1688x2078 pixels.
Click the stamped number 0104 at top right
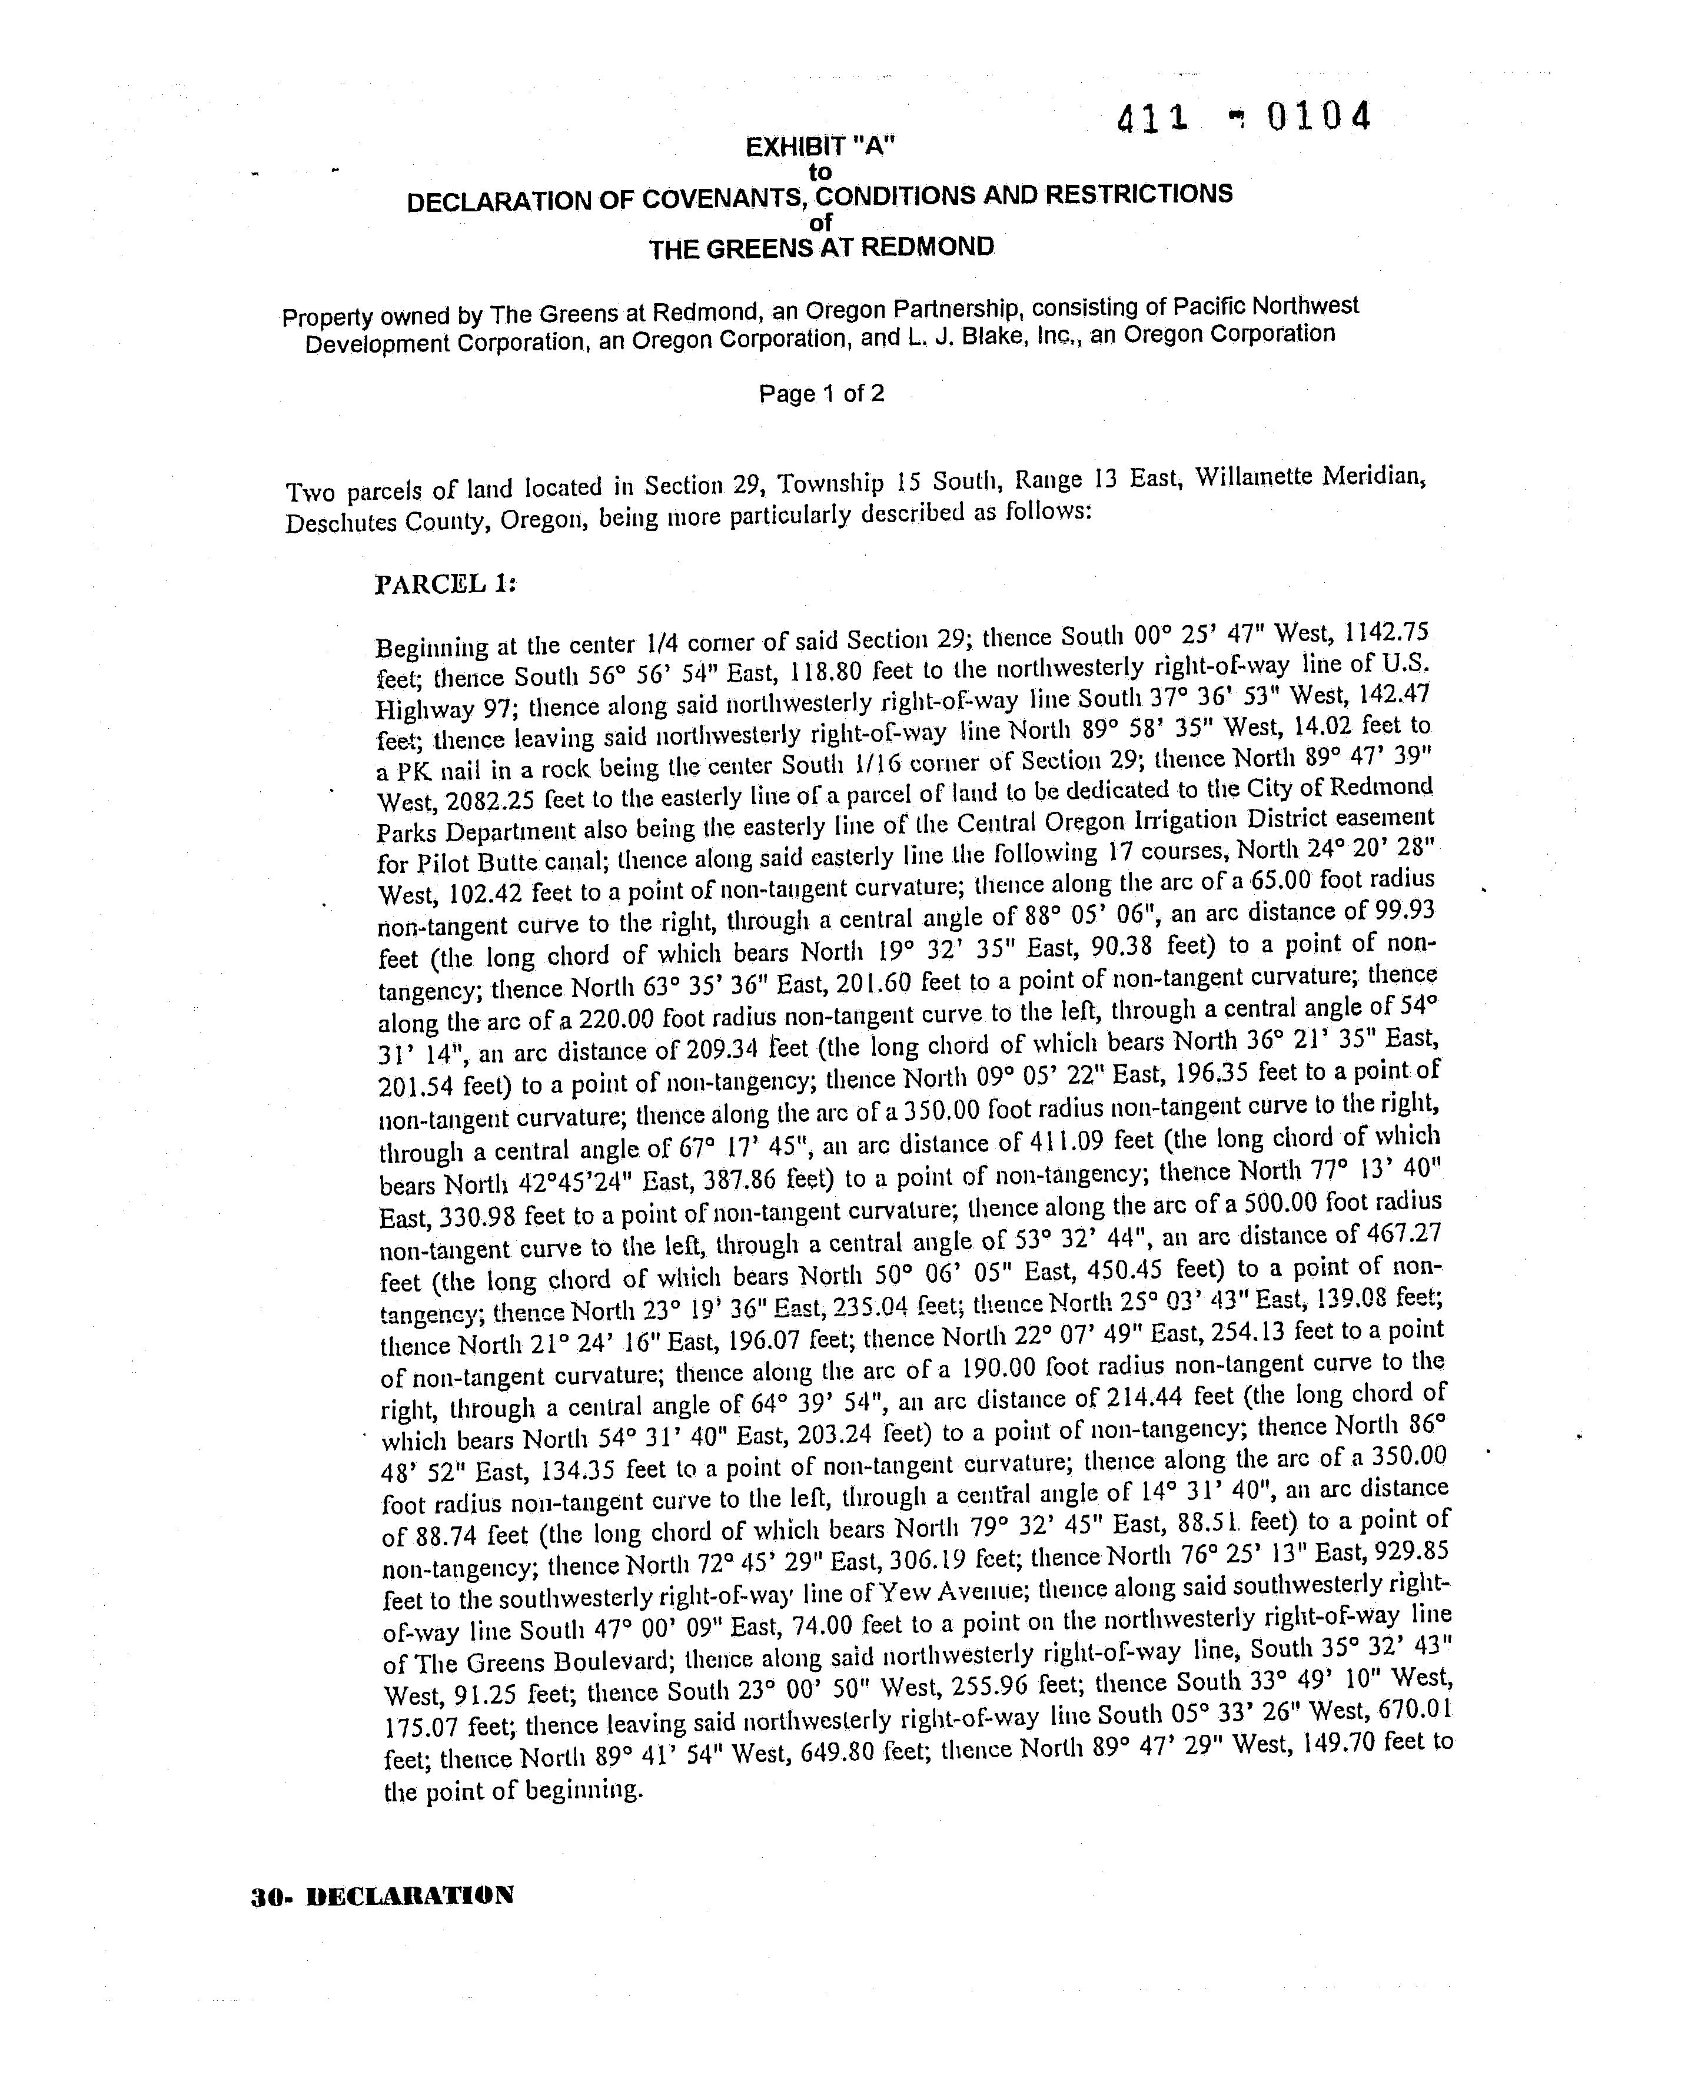[x=1318, y=118]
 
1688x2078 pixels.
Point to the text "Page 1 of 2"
[x=822, y=394]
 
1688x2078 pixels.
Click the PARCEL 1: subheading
[x=446, y=583]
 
